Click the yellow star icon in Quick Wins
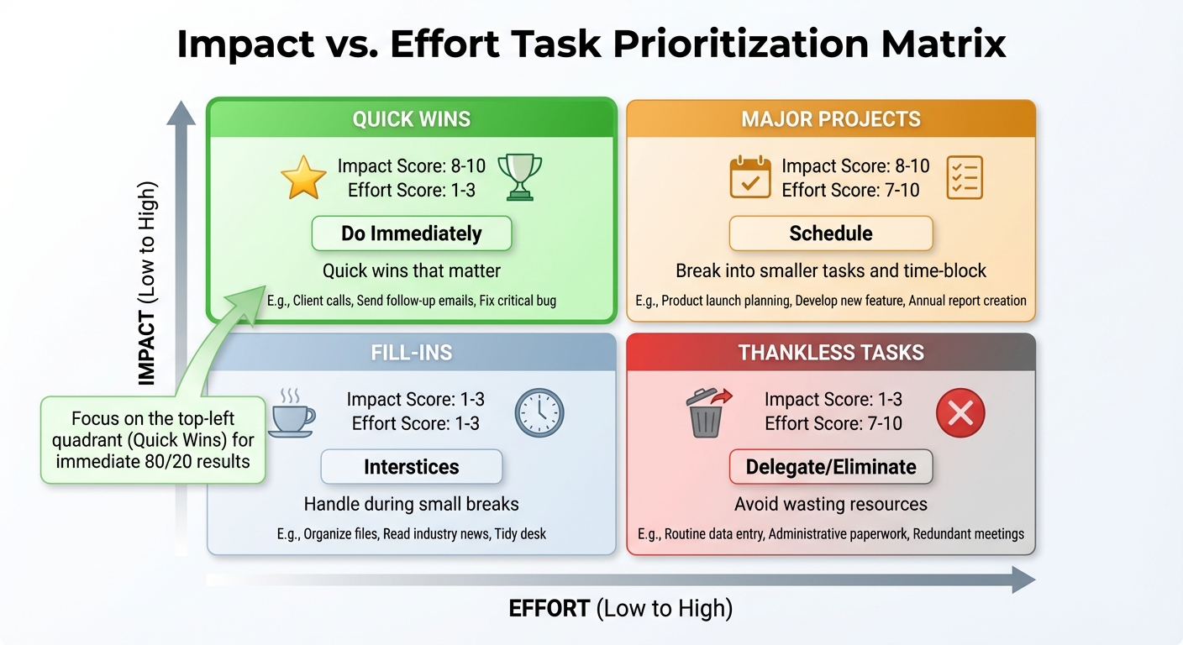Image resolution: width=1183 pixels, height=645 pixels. [x=302, y=178]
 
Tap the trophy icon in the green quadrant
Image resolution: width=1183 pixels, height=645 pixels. [x=515, y=176]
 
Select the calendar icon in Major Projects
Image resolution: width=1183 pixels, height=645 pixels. [x=749, y=177]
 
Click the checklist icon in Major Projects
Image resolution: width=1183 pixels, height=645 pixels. [x=964, y=177]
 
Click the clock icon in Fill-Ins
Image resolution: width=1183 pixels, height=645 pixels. [x=539, y=412]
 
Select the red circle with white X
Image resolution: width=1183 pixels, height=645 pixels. [x=960, y=412]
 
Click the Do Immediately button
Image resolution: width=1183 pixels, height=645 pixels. [x=411, y=233]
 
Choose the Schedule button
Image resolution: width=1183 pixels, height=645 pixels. [x=830, y=233]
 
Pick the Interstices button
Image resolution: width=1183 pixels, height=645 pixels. [x=411, y=467]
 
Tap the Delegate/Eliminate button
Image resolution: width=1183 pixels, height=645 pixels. [x=830, y=467]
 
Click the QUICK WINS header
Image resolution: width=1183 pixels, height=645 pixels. [x=411, y=119]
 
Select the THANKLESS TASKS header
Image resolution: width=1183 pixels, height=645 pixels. [x=830, y=353]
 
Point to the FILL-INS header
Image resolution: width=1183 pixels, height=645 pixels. [x=411, y=353]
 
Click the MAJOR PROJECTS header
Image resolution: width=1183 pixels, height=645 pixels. [x=830, y=119]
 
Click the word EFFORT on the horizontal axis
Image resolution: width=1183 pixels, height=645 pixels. [x=549, y=609]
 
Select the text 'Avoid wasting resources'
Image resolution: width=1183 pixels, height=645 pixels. [x=830, y=505]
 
